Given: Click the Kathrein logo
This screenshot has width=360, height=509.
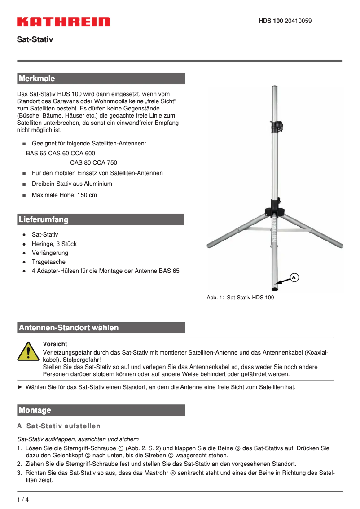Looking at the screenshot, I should pos(63,22).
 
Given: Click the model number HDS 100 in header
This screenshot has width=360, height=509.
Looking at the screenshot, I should pos(271,21).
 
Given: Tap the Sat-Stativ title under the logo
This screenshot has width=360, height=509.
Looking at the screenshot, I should pos(35,39).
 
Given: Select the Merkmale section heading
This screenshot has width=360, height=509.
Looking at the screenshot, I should pos(37,79).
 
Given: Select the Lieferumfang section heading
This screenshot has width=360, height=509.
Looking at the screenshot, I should pos(44,219).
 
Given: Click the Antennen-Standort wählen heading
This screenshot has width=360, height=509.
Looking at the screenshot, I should pos(69,328).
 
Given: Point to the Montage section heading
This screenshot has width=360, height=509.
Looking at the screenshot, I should pos(35,410).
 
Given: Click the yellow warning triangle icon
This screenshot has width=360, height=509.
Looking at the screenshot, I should pos(29,351).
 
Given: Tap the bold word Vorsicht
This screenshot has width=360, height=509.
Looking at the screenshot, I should pos(55,344).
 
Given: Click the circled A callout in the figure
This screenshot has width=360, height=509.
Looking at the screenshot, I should pos(293,277).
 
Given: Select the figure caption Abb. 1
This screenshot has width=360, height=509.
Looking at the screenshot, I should pos(240,297).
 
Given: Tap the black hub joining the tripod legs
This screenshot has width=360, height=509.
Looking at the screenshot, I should pos(275,211).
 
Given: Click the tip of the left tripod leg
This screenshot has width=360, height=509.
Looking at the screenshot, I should pos(209,246).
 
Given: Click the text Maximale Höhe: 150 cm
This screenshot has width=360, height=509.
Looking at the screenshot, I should pos(64,195).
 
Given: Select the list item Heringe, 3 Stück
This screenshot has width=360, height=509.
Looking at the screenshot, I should pos(54,244).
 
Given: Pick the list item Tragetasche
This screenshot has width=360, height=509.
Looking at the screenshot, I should pos(48,262).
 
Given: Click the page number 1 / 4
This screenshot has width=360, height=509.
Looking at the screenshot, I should pos(23,500).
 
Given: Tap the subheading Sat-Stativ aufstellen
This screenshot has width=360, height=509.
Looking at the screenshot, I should pos(63,426).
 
